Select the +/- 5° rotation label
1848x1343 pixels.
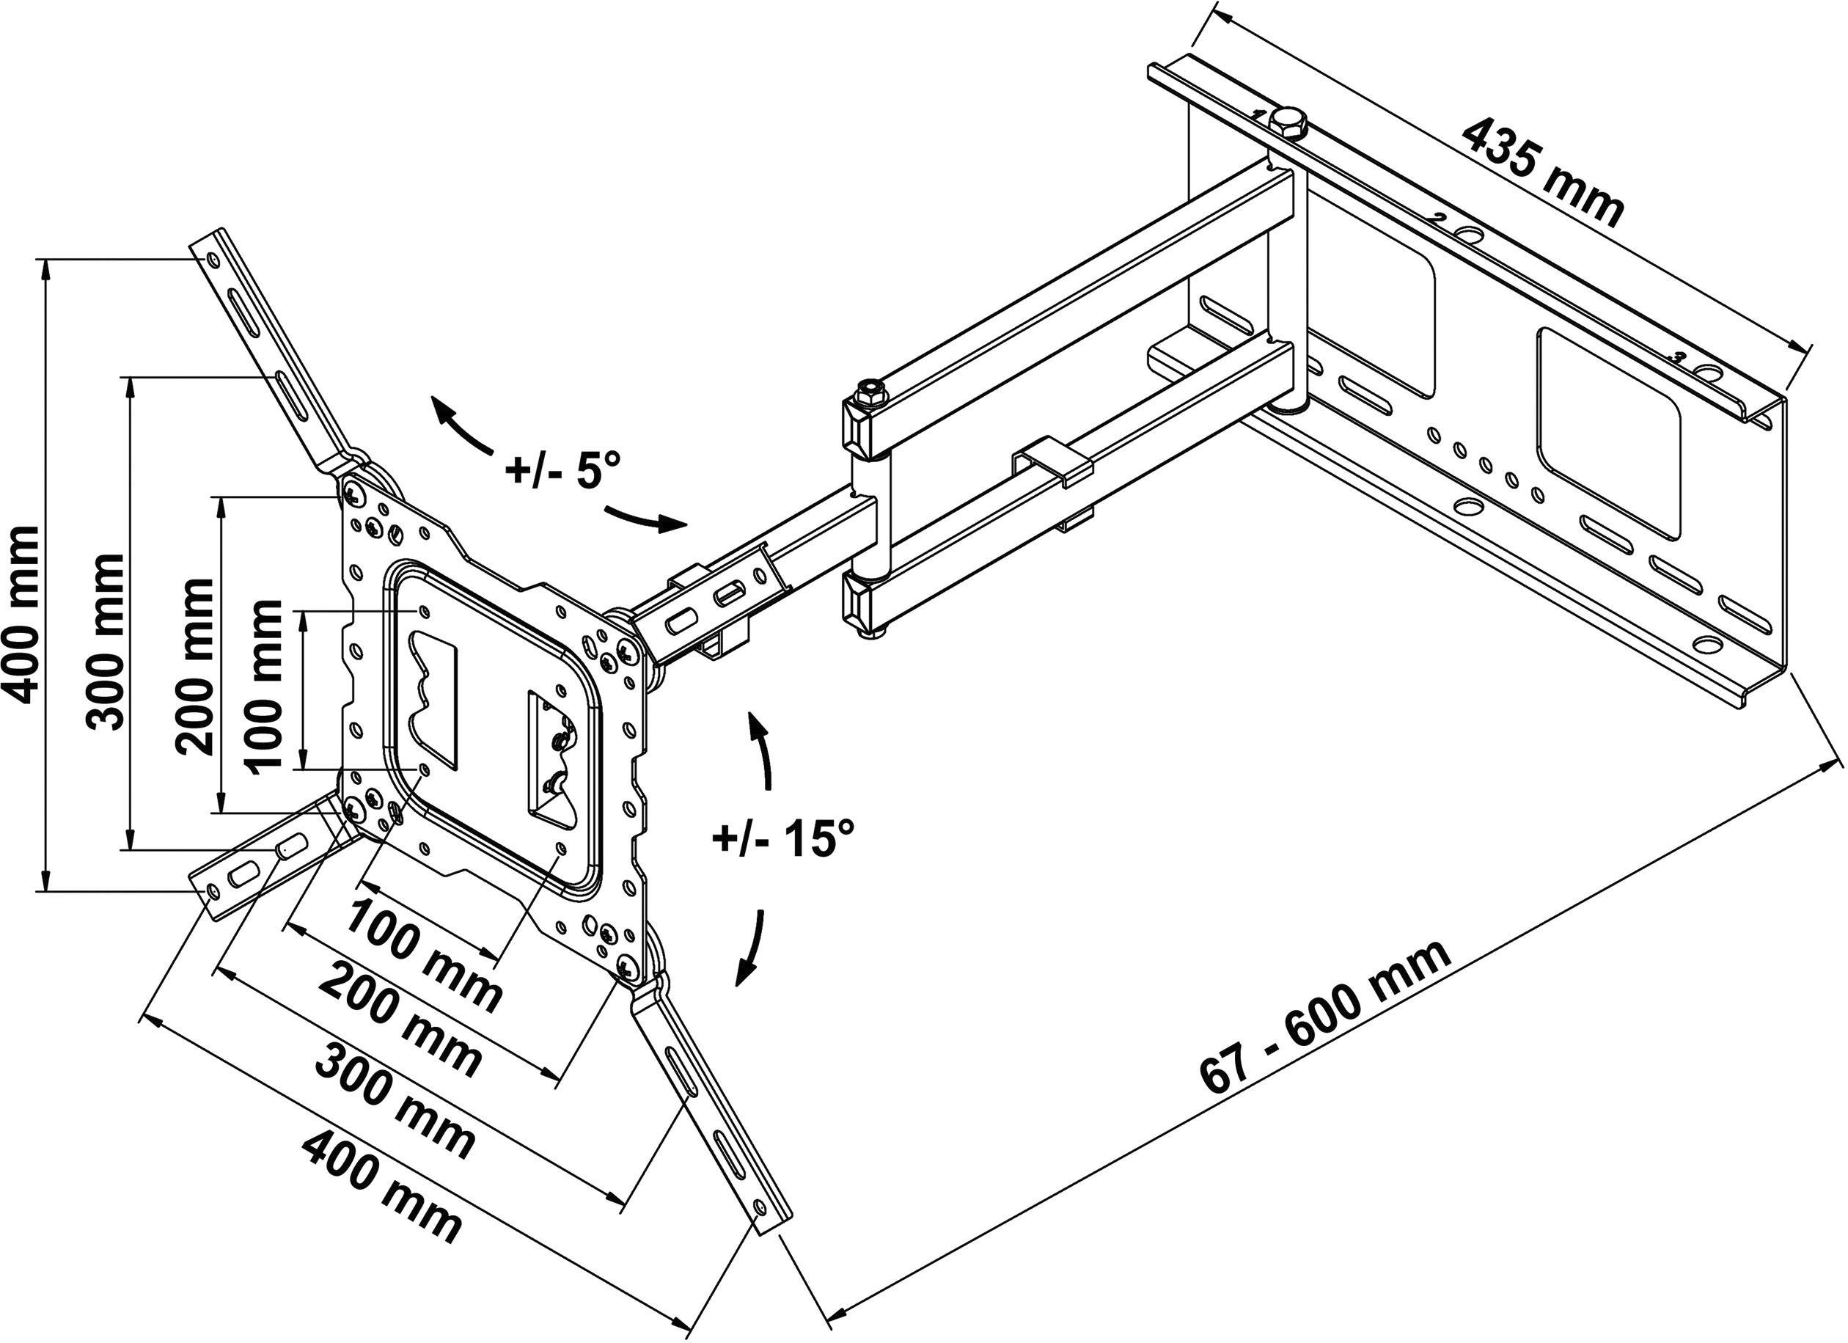(x=563, y=472)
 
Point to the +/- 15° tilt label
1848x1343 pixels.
(x=783, y=838)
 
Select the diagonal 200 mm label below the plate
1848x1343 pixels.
(x=399, y=1020)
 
